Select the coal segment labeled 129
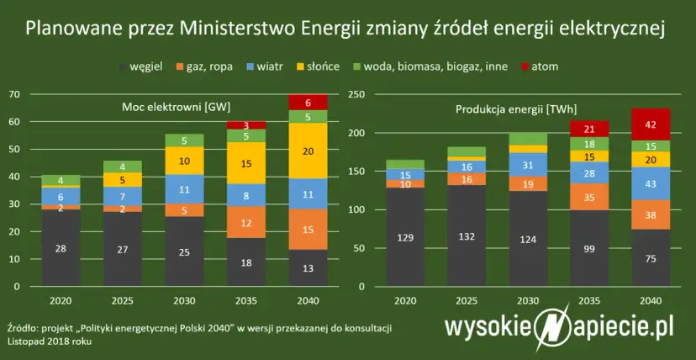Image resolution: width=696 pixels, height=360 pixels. (x=405, y=238)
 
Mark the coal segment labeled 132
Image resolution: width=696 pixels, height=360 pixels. (x=466, y=236)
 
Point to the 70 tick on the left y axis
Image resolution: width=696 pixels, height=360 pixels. (x=15, y=94)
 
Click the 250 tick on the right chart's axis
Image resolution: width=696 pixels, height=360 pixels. (x=356, y=94)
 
